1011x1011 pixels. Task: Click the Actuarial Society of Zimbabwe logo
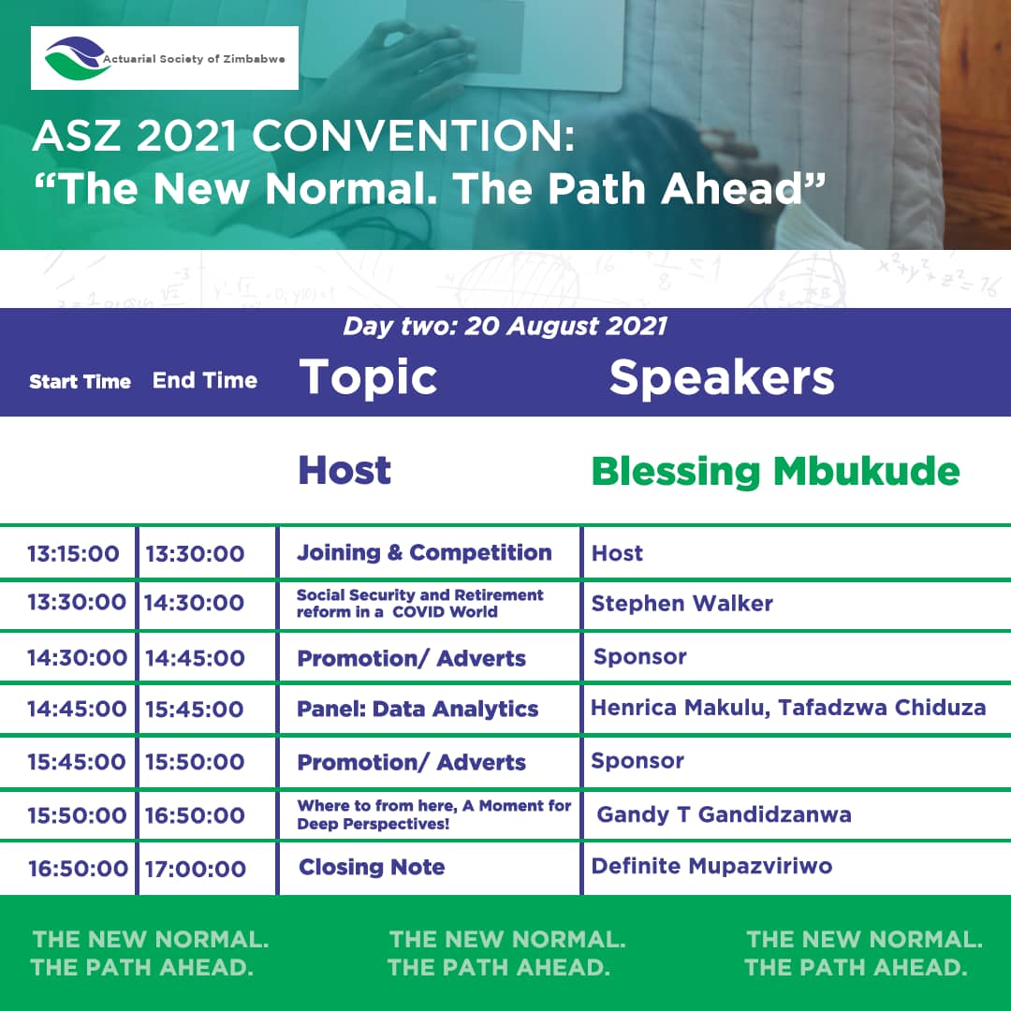[165, 58]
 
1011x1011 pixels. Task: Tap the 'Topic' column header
[368, 378]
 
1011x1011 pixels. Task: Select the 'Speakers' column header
[722, 378]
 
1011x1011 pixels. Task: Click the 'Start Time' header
[80, 382]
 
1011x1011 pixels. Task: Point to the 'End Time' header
[205, 380]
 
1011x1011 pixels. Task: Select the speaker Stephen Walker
[682, 604]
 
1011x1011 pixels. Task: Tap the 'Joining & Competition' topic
[424, 552]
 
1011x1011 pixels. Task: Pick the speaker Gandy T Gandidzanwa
[724, 815]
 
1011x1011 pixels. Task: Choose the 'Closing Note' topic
[372, 867]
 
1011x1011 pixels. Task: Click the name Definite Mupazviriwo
[711, 866]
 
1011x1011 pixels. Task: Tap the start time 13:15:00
[73, 554]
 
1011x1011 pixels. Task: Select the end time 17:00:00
[196, 869]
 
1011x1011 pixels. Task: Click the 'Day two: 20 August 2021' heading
[505, 327]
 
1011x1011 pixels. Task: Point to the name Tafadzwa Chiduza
[882, 708]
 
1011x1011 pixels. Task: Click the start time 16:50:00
[78, 869]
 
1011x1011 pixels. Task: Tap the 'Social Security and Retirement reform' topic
[419, 604]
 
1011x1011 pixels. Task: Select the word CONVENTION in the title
[413, 137]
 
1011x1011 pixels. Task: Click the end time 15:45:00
[195, 710]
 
